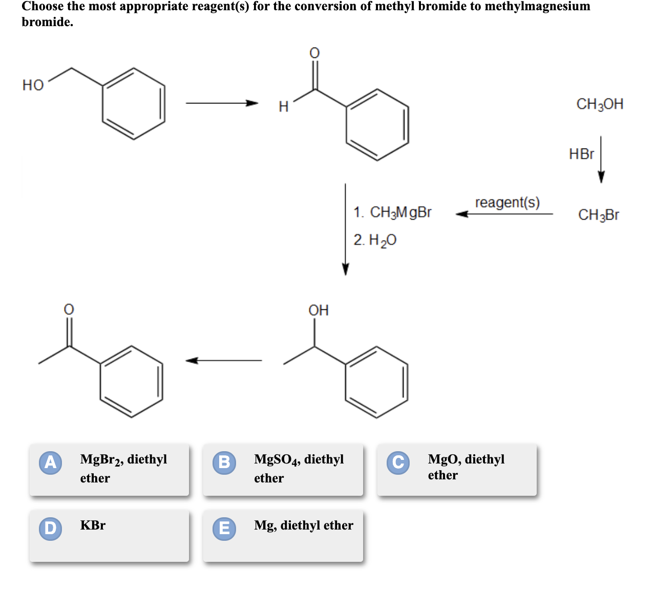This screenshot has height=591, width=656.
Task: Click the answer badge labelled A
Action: (x=51, y=463)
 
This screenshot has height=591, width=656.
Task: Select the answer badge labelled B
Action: (x=224, y=463)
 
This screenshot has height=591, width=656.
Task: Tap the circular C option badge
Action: (x=398, y=463)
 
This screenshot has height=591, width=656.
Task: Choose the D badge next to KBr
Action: (x=51, y=529)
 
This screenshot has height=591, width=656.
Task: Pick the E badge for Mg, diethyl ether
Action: (x=224, y=529)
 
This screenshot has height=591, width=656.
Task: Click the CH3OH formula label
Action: (x=600, y=104)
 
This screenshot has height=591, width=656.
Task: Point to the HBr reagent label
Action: (x=582, y=154)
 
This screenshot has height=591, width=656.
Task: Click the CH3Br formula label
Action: (x=598, y=215)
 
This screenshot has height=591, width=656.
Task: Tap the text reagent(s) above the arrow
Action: (x=507, y=203)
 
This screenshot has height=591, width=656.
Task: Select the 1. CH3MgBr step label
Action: (x=392, y=213)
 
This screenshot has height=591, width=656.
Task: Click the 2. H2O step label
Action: (x=375, y=240)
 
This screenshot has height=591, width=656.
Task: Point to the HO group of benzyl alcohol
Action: (x=33, y=86)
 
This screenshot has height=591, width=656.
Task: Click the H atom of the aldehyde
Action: (x=284, y=107)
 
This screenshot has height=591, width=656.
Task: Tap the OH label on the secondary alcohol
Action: (x=319, y=310)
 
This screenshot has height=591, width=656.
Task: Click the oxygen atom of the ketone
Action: (x=69, y=309)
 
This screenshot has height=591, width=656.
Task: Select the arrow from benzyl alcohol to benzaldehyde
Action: (x=222, y=103)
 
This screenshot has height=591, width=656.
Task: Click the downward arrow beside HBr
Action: (x=601, y=159)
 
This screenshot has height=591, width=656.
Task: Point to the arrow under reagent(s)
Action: (x=504, y=214)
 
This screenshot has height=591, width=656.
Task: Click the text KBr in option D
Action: (x=93, y=525)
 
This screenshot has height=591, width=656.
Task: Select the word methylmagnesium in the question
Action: (x=537, y=7)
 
